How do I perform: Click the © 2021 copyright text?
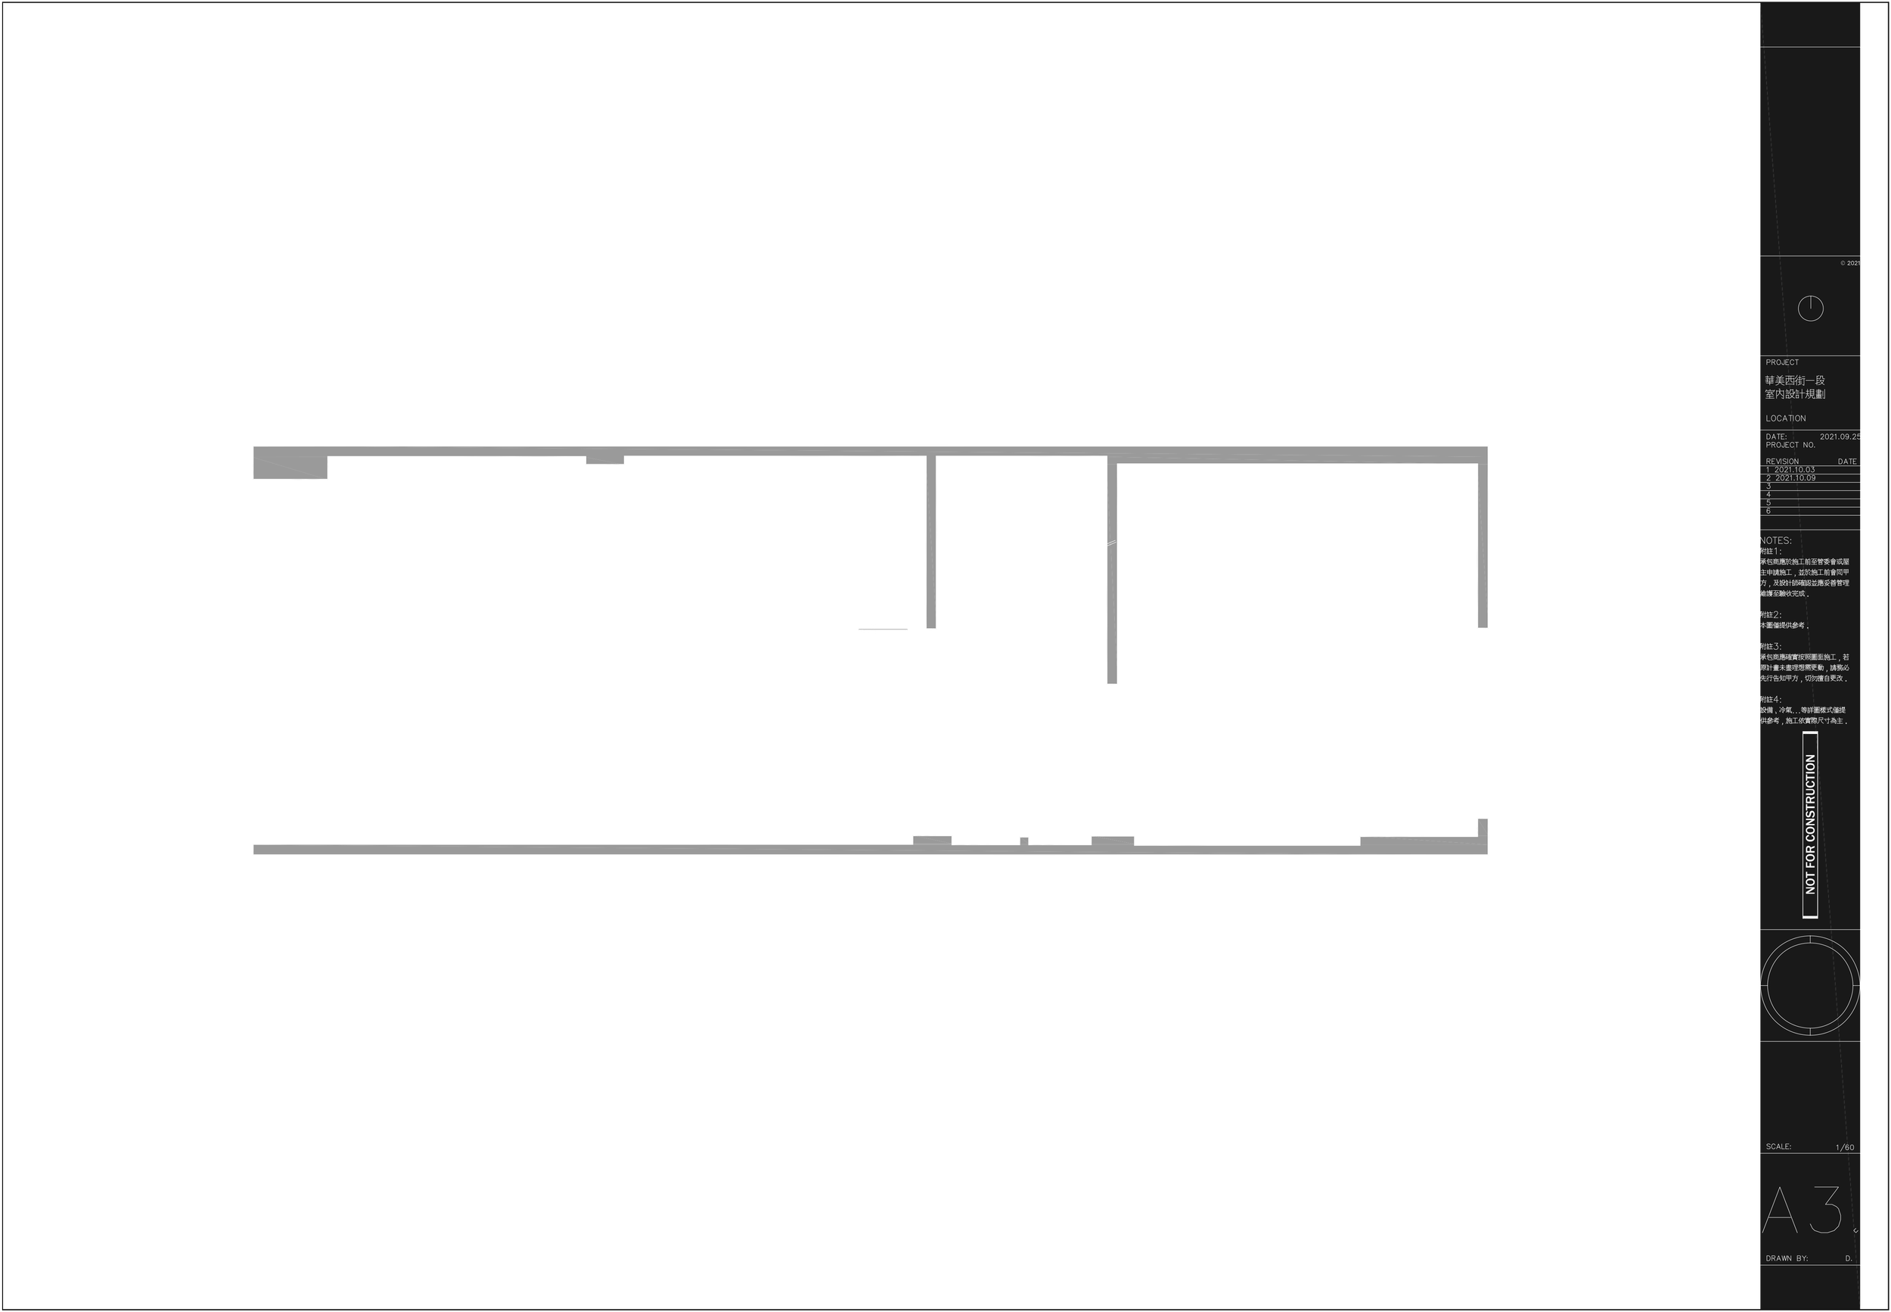pos(1851,263)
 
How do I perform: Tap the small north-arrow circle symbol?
pos(1811,308)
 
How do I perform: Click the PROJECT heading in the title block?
pos(1781,362)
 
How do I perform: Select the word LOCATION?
pos(1786,418)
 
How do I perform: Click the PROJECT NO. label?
pos(1790,445)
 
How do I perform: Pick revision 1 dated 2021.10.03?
pos(1792,469)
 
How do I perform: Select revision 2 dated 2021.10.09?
pos(1792,477)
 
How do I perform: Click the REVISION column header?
pos(1781,462)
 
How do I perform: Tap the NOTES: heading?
pos(1776,540)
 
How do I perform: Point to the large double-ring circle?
pos(1811,985)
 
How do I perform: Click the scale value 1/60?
pos(1845,1147)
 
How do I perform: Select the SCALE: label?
pos(1778,1146)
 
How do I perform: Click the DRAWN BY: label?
pos(1787,1258)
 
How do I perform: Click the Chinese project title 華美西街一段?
pos(1795,381)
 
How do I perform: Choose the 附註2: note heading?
pos(1770,615)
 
